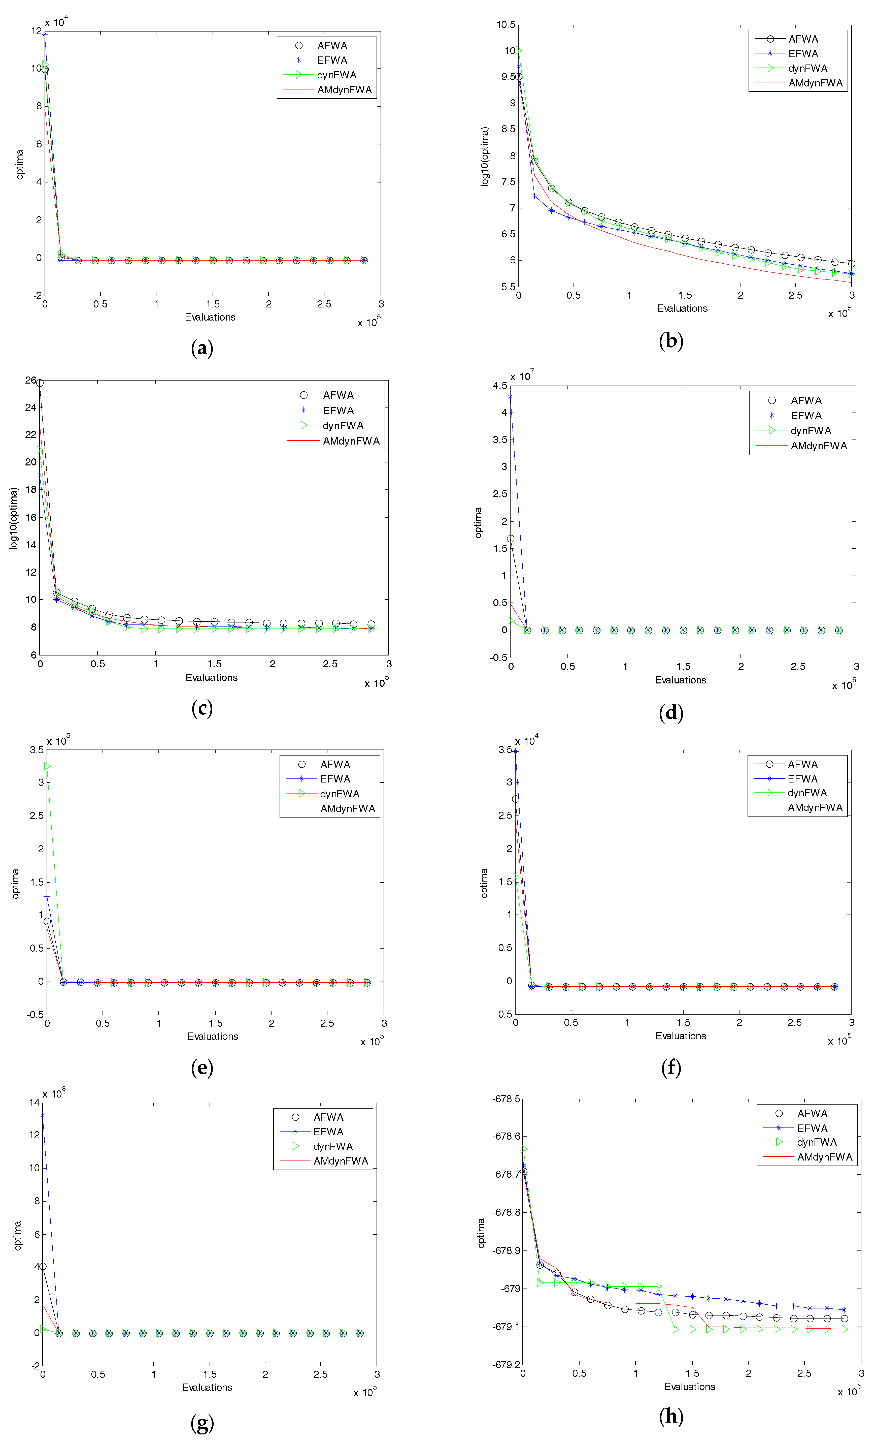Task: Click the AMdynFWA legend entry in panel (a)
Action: (327, 89)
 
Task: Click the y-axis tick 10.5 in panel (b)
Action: (506, 25)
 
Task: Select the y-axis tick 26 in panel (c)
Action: (30, 380)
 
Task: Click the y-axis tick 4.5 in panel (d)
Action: (500, 386)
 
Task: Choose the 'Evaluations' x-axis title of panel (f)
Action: (681, 1036)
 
